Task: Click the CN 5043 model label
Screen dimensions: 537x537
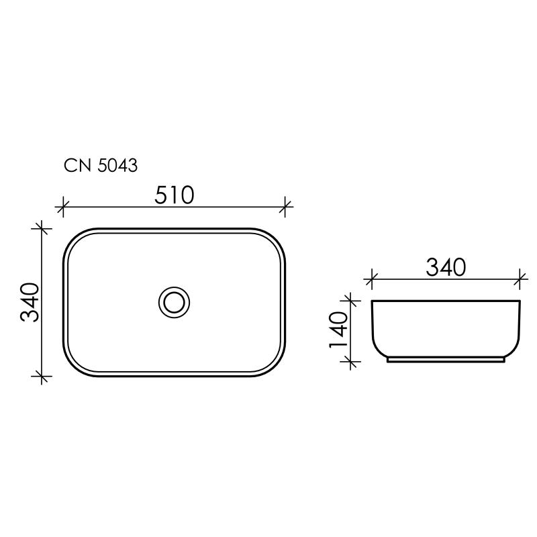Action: tap(101, 165)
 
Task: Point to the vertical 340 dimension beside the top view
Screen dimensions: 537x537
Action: tap(30, 302)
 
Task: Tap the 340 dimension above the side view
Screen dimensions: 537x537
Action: tap(446, 266)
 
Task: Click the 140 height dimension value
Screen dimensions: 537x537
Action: tap(338, 330)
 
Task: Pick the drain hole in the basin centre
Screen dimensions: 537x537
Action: tap(175, 301)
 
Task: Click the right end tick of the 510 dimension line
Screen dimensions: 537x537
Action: tap(287, 207)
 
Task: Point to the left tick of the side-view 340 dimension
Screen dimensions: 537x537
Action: tap(371, 277)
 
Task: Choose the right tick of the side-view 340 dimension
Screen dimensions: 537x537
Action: tap(521, 277)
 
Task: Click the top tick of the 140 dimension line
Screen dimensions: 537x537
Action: tap(350, 299)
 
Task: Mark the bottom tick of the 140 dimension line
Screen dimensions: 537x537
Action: tap(350, 361)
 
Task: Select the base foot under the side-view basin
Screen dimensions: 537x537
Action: tap(446, 359)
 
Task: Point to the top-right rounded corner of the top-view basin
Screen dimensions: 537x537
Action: tap(277, 238)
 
